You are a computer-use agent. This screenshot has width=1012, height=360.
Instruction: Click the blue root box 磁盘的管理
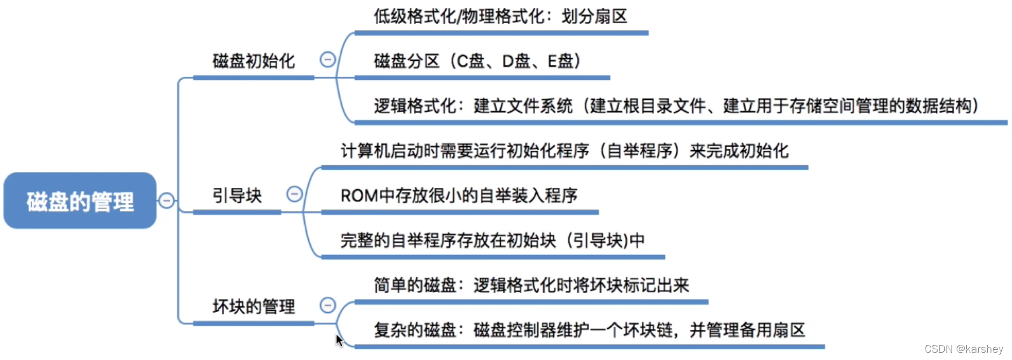click(x=80, y=201)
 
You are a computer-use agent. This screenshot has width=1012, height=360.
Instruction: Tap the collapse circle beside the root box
click(x=167, y=200)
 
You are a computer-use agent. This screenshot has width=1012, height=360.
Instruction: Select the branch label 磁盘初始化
click(x=253, y=61)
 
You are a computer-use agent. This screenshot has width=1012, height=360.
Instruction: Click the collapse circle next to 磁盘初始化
click(x=328, y=59)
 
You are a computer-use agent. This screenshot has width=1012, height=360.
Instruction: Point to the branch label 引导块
click(x=237, y=196)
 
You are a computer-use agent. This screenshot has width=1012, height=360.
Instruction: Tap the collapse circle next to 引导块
click(x=295, y=194)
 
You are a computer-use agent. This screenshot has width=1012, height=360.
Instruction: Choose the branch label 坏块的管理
click(x=253, y=307)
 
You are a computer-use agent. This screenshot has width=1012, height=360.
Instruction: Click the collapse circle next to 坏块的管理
click(x=328, y=305)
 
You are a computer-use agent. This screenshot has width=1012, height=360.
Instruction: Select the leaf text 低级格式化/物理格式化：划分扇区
click(x=500, y=16)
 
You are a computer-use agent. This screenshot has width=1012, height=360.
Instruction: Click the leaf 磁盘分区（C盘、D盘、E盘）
click(x=477, y=61)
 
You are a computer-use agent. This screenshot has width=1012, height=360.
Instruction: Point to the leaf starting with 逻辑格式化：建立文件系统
click(x=676, y=106)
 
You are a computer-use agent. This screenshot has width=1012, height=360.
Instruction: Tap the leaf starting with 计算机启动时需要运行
click(x=564, y=151)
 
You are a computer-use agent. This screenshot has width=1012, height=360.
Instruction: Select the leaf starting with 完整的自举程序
click(x=492, y=241)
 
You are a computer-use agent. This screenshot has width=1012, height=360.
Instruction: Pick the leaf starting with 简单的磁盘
click(x=531, y=286)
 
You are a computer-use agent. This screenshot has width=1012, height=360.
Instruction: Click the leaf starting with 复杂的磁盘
click(x=589, y=330)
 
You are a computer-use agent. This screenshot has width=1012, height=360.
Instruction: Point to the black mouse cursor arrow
click(x=339, y=340)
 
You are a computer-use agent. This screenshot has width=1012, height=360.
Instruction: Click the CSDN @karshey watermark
click(x=963, y=349)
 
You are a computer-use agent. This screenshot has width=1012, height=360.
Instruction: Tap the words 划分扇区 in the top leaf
click(x=594, y=16)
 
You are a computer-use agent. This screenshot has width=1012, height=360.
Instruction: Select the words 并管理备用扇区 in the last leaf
click(x=747, y=330)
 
